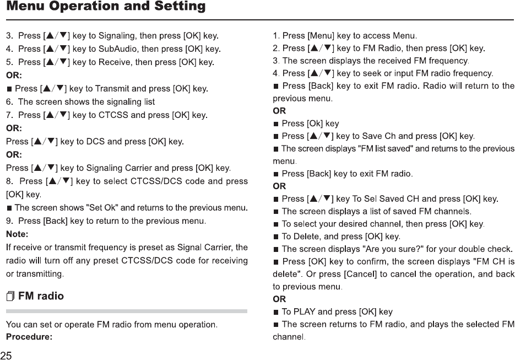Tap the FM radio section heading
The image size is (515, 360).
41,296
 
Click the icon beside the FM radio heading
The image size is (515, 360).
11,297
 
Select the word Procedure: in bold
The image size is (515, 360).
29,336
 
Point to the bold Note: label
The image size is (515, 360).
17,234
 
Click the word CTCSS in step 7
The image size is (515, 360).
118,115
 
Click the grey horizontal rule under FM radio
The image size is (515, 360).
126,311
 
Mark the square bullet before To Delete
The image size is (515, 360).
277,237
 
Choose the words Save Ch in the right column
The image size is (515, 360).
378,136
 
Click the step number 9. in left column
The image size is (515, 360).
9,221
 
